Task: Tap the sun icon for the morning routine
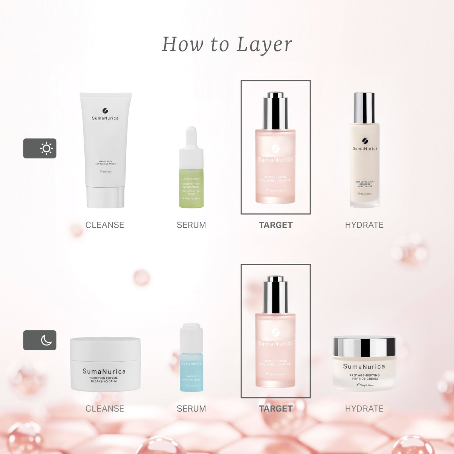[46, 148]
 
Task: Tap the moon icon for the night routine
[46, 340]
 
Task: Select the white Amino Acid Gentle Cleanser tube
[105, 144]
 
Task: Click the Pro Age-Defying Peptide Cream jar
[364, 369]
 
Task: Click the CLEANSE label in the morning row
[105, 225]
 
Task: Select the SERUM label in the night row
[191, 409]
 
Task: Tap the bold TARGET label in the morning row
[276, 225]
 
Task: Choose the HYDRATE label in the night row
[364, 409]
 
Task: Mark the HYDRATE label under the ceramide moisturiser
[364, 225]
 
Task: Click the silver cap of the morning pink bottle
[275, 112]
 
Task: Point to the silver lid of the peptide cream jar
[364, 347]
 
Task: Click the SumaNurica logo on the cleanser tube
[105, 111]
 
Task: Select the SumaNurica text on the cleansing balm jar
[104, 372]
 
